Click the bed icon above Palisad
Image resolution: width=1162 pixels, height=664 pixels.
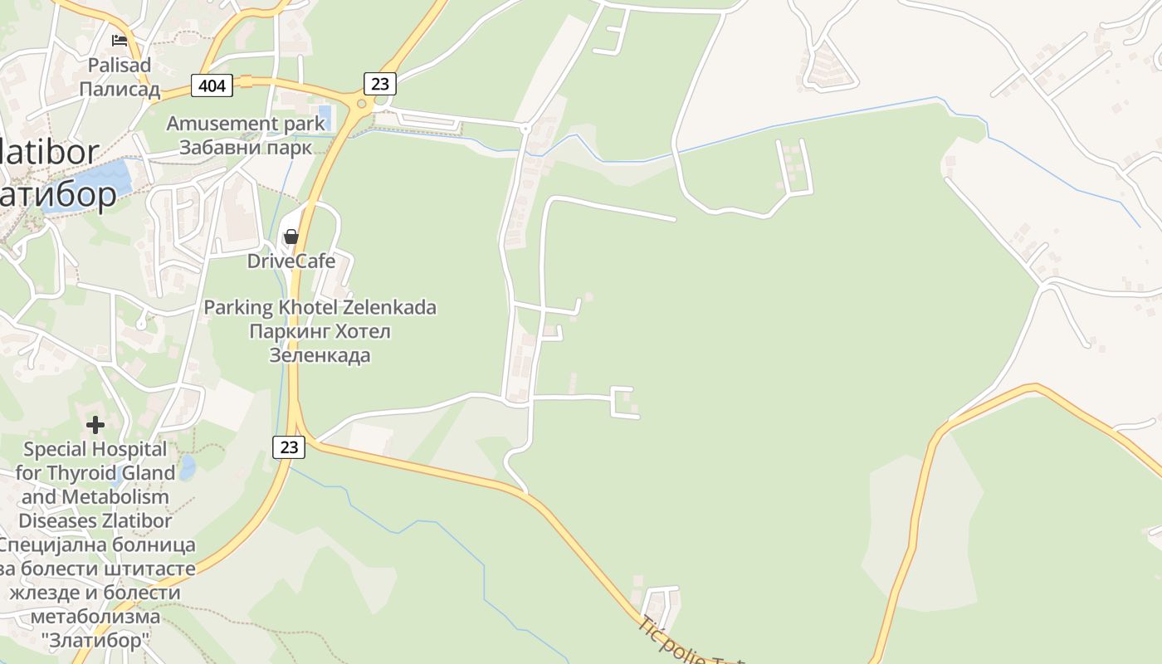coord(120,40)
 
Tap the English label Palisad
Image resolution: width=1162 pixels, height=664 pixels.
coord(120,65)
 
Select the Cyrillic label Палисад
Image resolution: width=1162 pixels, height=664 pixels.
coord(120,89)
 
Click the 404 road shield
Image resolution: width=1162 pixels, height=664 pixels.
coord(211,84)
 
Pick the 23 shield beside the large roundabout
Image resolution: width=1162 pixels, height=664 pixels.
coord(379,83)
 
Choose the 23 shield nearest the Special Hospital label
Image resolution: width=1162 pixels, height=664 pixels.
coord(288,447)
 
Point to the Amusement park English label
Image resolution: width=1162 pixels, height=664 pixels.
coord(246,124)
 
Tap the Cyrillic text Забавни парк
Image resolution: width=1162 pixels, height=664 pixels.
coord(246,148)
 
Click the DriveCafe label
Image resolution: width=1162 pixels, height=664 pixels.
coord(291,261)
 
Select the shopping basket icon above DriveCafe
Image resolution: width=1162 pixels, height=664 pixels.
coord(290,237)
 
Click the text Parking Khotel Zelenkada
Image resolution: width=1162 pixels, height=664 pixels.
coord(320,307)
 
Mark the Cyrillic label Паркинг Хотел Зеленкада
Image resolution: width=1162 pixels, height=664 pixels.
coord(320,344)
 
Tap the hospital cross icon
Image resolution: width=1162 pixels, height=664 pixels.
coord(95,425)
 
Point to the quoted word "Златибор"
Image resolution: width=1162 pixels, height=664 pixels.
coord(95,641)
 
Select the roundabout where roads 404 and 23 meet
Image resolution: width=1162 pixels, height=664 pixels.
coord(361,105)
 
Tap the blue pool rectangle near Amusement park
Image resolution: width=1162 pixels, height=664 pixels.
coord(325,117)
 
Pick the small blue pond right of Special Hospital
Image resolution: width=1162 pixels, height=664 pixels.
coord(187,467)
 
